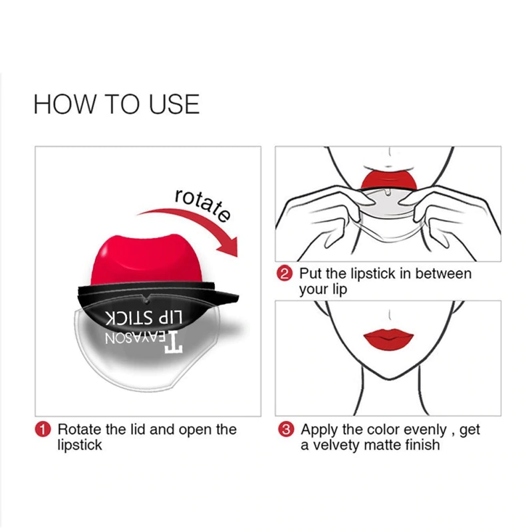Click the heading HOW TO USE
[x=116, y=104]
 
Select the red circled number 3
[x=286, y=430]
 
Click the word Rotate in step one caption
[x=79, y=430]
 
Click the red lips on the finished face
[x=389, y=334]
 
